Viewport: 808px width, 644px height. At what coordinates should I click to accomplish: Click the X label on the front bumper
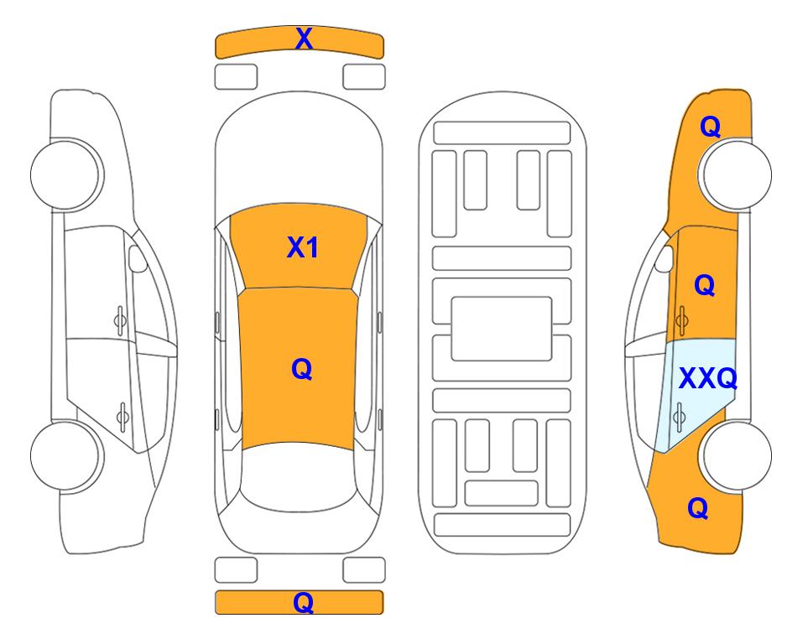[x=304, y=39]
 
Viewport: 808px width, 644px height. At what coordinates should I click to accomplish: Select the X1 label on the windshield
[x=303, y=247]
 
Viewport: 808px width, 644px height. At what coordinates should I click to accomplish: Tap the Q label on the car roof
[x=302, y=370]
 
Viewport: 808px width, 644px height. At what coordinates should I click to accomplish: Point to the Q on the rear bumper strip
[x=303, y=602]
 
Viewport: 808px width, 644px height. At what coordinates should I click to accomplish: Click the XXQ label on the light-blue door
[x=708, y=379]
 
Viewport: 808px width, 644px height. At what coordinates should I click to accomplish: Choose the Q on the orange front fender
[x=710, y=127]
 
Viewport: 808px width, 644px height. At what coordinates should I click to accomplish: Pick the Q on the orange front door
[x=705, y=285]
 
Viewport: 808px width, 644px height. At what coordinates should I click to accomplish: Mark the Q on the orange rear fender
[x=698, y=508]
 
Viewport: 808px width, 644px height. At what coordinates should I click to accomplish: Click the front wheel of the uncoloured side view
[x=65, y=174]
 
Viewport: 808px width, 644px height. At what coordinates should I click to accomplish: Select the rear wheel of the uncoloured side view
[x=65, y=455]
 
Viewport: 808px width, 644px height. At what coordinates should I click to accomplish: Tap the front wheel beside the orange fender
[x=737, y=174]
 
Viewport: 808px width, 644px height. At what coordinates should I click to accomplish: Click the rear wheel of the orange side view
[x=737, y=455]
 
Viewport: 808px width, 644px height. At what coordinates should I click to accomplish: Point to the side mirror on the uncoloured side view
[x=137, y=258]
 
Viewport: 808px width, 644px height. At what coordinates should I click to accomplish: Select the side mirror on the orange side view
[x=665, y=258]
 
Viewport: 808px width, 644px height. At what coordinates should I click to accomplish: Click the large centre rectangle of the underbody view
[x=502, y=329]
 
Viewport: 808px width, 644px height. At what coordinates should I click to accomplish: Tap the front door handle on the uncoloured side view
[x=120, y=320]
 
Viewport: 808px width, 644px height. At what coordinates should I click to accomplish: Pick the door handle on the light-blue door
[x=679, y=416]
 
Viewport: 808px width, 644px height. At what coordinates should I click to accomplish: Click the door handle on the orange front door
[x=682, y=320]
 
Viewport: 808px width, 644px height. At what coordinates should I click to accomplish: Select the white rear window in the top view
[x=299, y=476]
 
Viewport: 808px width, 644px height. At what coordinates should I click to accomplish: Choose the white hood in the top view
[x=299, y=154]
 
